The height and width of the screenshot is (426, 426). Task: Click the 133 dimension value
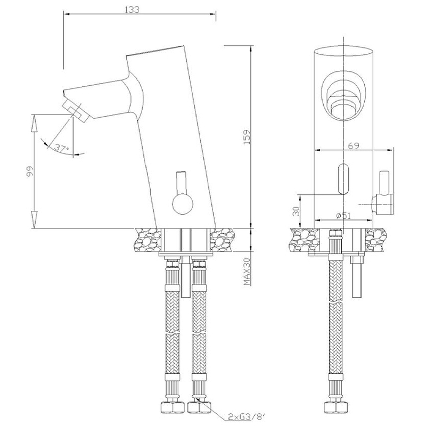pos(132,10)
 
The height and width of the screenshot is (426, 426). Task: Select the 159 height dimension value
pos(247,137)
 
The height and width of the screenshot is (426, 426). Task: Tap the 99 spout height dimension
pos(30,171)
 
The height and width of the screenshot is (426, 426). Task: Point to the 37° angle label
pos(62,148)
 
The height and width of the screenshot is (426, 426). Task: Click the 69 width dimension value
pos(353,145)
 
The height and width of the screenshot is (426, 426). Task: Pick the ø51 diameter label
pos(343,216)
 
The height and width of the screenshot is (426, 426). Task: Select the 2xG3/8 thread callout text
pos(246,416)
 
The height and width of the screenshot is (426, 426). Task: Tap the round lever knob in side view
pos(183,204)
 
